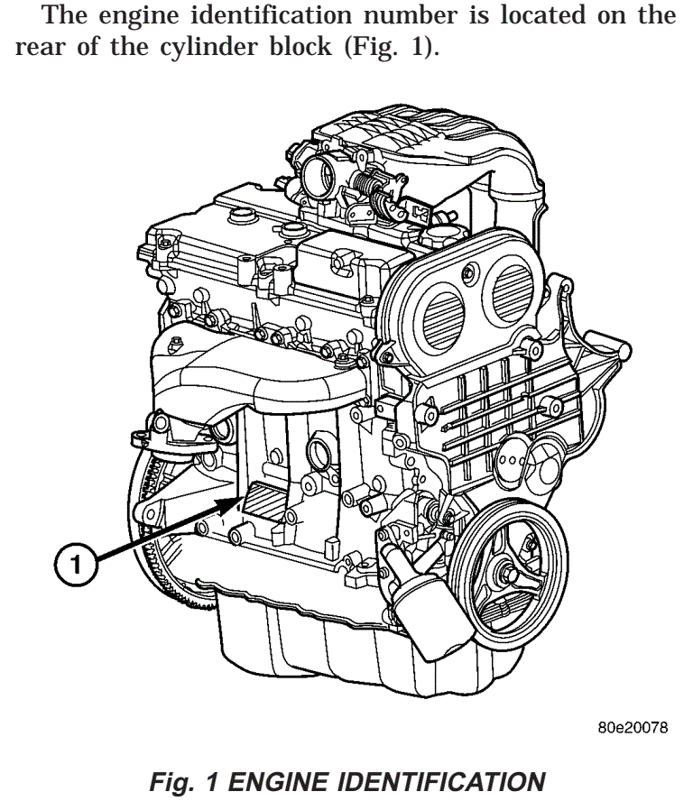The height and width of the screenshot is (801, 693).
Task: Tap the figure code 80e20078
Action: [x=632, y=728]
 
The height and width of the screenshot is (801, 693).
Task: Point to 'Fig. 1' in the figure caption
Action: [x=183, y=781]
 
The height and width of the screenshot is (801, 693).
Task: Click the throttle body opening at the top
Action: [x=322, y=171]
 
